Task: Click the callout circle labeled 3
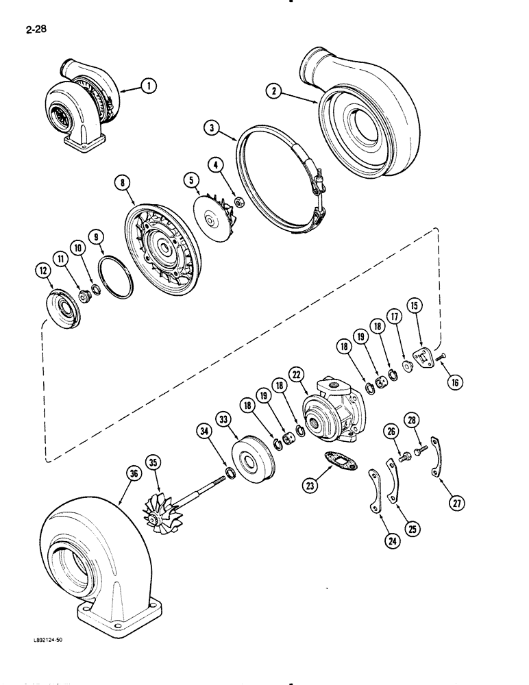213,128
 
